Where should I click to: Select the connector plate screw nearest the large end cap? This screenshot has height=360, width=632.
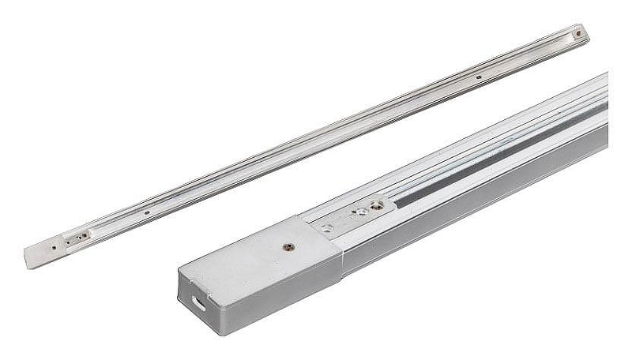(326, 229)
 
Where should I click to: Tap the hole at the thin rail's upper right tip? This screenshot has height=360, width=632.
(579, 34)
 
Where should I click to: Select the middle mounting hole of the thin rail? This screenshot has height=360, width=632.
(479, 77)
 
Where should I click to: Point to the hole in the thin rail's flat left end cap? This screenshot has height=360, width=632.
(53, 248)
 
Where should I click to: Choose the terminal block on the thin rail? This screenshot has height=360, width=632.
(76, 237)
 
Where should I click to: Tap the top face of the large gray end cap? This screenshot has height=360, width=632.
(261, 252)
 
